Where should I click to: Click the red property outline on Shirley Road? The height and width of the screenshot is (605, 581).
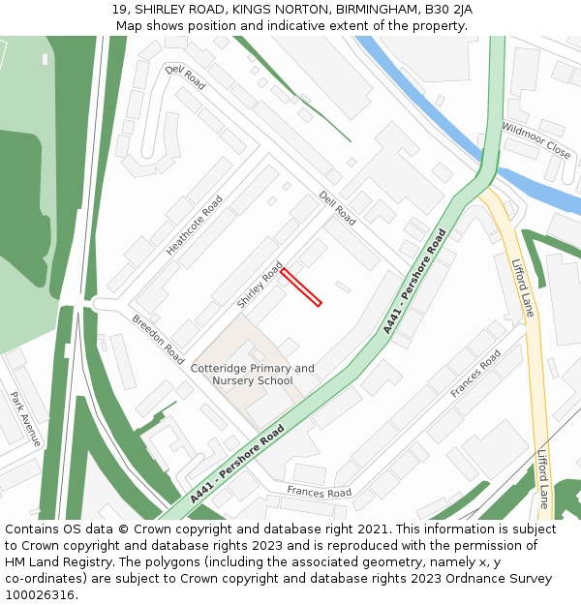click(301, 287)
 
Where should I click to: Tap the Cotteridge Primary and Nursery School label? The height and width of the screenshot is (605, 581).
click(253, 375)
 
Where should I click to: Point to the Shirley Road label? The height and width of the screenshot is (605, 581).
click(260, 285)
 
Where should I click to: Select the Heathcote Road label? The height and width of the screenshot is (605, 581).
click(194, 226)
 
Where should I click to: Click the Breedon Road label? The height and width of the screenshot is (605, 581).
click(158, 339)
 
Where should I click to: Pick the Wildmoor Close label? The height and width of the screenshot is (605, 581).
click(535, 139)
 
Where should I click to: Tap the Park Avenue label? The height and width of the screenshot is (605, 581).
click(25, 418)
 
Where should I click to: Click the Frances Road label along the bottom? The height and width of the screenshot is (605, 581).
click(319, 493)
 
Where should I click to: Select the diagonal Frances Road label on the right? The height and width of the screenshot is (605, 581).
click(475, 374)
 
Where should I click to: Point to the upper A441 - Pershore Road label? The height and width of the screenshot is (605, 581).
click(414, 281)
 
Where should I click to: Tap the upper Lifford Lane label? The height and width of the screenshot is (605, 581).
click(523, 287)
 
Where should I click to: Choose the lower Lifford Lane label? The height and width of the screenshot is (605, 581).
click(543, 478)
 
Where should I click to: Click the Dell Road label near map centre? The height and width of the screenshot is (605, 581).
click(337, 207)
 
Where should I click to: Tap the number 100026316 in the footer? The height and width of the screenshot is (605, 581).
click(39, 594)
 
